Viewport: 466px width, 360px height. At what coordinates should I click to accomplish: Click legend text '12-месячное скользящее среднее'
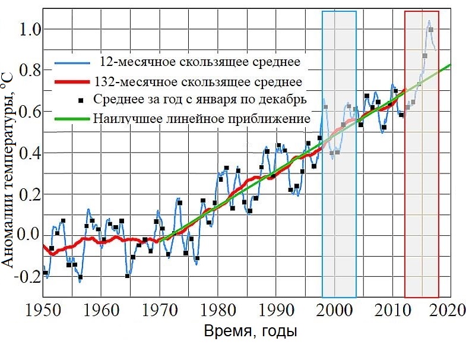click(x=200, y=62)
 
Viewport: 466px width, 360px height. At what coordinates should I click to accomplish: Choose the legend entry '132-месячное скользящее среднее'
click(x=199, y=81)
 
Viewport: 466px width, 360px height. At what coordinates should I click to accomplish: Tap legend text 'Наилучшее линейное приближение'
click(x=202, y=119)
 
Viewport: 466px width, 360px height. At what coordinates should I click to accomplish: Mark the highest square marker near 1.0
click(x=430, y=30)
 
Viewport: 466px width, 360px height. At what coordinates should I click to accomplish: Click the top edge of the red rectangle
click(x=421, y=11)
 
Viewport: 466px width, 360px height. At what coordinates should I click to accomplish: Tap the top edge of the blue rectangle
click(x=339, y=11)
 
